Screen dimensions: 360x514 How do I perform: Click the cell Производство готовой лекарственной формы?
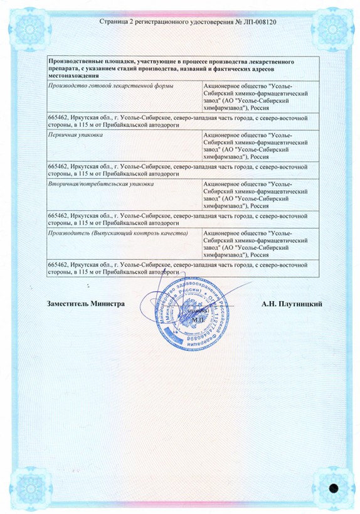point(111,85)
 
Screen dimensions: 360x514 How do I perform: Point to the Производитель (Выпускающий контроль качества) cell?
point(118,233)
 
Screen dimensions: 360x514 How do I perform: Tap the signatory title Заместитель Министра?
point(86,304)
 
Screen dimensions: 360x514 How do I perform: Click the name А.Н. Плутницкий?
point(292,304)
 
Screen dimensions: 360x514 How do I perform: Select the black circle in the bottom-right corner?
point(334,487)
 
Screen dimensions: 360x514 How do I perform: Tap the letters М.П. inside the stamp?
point(199,319)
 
